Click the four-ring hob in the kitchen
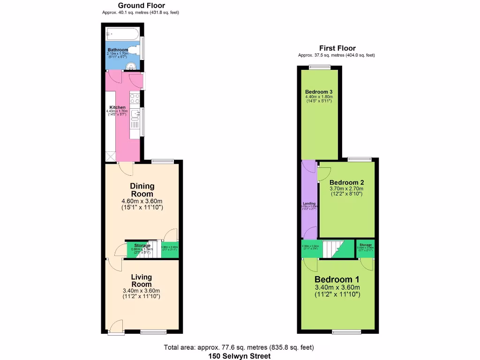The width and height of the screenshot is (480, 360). tap(135, 98)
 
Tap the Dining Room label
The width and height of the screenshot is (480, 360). tap(142, 190)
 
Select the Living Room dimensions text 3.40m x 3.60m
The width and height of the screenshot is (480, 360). tap(141, 291)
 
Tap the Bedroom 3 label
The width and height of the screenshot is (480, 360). tap(319, 91)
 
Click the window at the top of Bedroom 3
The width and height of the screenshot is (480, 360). tap(320, 67)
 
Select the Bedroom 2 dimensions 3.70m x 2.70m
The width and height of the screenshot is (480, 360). tap(346, 189)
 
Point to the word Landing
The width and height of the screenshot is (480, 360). tap(309, 203)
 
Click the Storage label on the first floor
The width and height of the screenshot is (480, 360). tap(366, 245)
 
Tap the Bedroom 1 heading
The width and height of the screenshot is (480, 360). tap(337, 279)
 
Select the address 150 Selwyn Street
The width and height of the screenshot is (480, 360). tap(239, 356)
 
